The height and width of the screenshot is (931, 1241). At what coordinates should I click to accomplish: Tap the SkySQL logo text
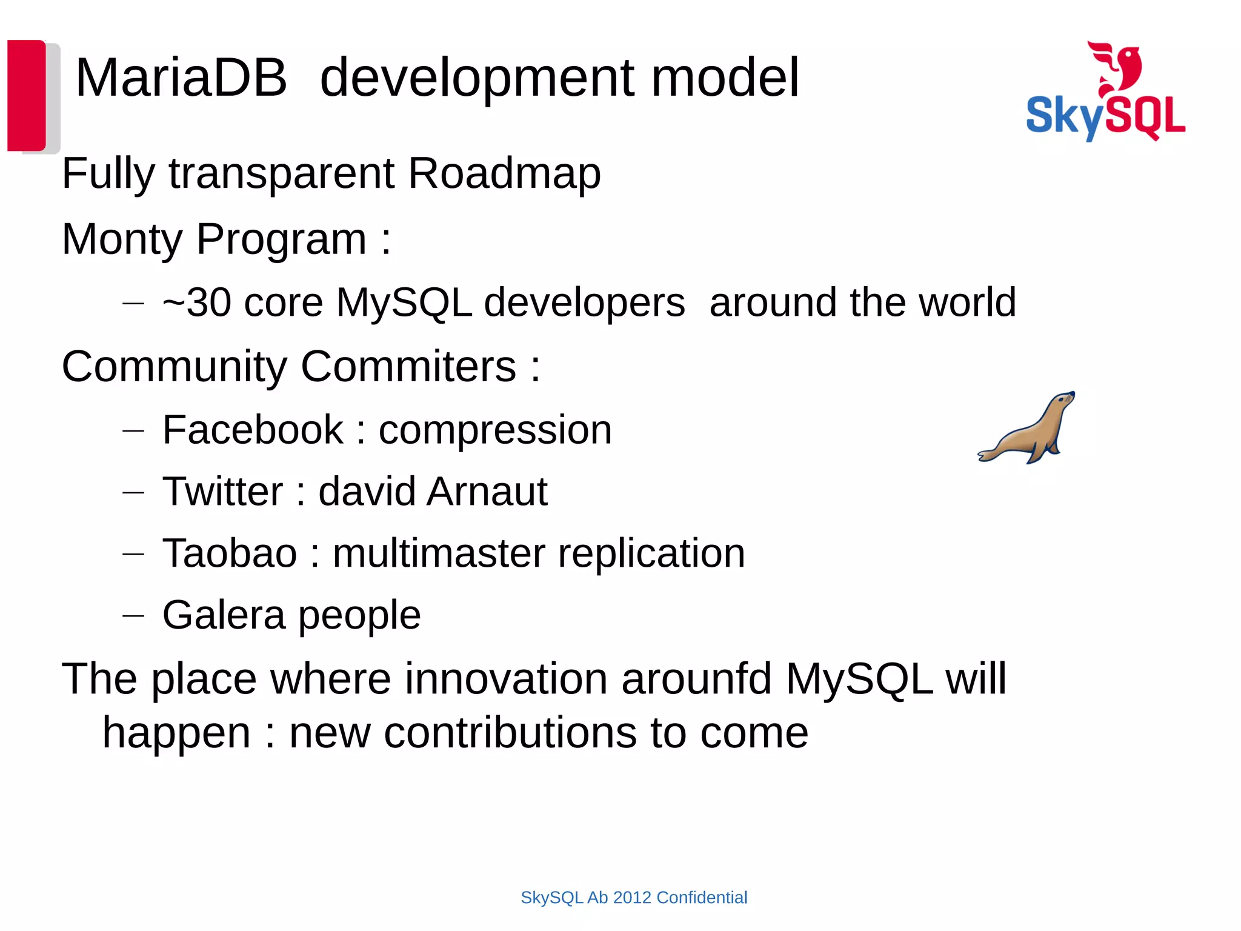(1105, 116)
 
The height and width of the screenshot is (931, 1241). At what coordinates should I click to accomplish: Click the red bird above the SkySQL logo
(1117, 67)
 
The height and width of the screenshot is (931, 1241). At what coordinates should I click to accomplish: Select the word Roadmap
(504, 174)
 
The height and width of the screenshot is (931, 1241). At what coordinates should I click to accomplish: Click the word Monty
(122, 239)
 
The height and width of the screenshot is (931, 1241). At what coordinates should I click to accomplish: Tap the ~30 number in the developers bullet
(198, 302)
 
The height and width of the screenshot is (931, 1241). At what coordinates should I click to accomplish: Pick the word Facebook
(253, 430)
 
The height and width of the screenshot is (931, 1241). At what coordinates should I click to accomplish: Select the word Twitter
(222, 492)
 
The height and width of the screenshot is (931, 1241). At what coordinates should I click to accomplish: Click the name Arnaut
(487, 492)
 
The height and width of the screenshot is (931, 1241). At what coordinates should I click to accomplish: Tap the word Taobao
(230, 553)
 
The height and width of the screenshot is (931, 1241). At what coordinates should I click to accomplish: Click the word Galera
(224, 615)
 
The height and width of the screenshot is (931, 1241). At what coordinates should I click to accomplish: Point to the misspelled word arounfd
(696, 679)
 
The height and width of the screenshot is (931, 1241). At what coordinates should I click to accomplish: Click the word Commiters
(408, 367)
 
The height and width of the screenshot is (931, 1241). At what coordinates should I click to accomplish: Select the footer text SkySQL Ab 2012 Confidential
(634, 898)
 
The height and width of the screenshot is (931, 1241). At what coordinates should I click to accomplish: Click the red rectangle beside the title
(27, 95)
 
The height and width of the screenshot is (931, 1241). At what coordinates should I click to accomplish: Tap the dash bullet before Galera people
(133, 616)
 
